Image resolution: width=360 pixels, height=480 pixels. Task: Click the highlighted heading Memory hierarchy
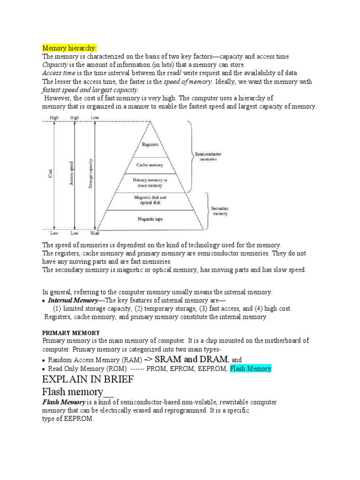pyautogui.click(x=69, y=48)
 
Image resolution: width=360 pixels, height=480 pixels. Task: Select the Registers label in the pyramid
pyautogui.click(x=150, y=145)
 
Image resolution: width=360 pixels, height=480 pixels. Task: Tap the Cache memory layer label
pyautogui.click(x=150, y=165)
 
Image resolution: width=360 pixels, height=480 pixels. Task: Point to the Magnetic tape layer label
pyautogui.click(x=150, y=219)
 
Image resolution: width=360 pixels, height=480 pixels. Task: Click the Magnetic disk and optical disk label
pyautogui.click(x=150, y=201)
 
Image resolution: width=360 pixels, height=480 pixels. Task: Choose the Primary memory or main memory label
pyautogui.click(x=150, y=182)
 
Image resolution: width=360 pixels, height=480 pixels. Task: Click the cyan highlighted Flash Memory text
pyautogui.click(x=250, y=368)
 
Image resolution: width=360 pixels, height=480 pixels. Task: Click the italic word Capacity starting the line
pyautogui.click(x=55, y=65)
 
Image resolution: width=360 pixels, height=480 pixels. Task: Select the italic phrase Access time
pyautogui.click(x=59, y=73)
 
